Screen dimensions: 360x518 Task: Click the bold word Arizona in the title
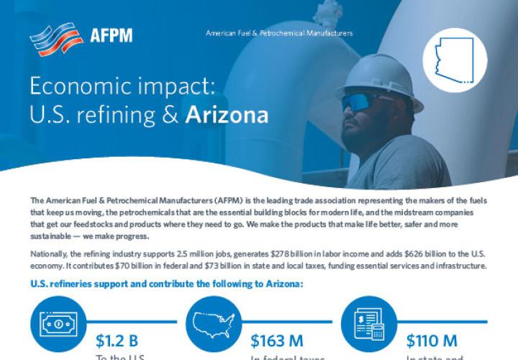[227, 115]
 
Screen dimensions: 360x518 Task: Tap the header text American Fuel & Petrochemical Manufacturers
[279, 33]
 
